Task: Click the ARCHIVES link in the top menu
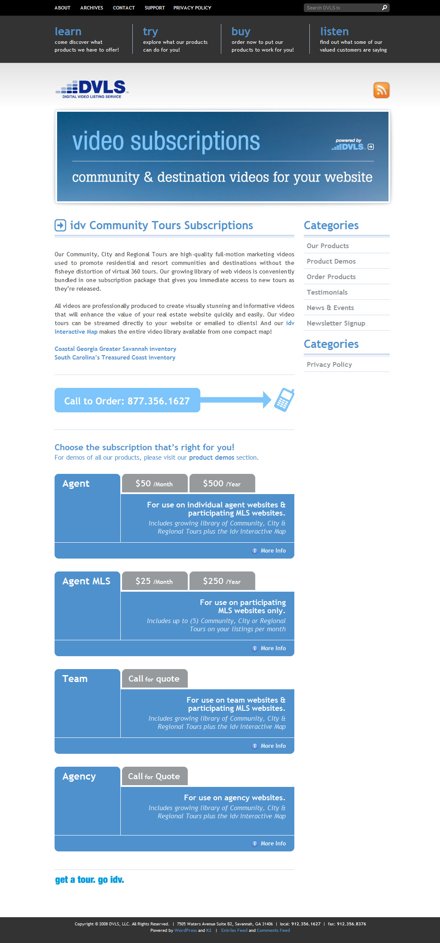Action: (92, 8)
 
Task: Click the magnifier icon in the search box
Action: (385, 8)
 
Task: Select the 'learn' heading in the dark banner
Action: (68, 31)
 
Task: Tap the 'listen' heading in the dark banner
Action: (334, 31)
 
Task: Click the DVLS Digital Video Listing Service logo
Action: (92, 89)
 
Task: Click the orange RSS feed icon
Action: (381, 90)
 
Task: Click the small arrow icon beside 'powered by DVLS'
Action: (371, 147)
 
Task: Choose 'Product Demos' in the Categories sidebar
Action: (331, 261)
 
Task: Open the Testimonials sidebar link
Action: (327, 292)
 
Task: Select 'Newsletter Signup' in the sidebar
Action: (336, 323)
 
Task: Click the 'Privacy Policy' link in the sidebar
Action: (329, 364)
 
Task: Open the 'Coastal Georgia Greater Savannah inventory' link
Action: (115, 349)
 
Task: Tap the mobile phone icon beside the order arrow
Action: (284, 400)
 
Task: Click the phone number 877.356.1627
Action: (159, 401)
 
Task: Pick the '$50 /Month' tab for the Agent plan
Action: (154, 483)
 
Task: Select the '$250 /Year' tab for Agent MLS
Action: (222, 581)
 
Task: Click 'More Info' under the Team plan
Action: (273, 746)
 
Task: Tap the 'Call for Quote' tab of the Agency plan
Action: (154, 776)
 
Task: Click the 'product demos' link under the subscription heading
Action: (211, 458)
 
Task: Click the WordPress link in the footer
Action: (185, 930)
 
